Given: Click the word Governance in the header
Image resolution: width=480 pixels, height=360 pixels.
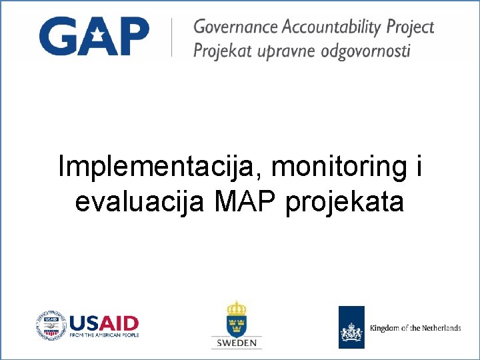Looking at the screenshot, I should click(x=236, y=27).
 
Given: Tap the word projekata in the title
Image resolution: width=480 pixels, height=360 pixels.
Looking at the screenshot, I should click(x=345, y=201).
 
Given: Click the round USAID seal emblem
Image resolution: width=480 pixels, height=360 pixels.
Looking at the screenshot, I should click(x=51, y=326).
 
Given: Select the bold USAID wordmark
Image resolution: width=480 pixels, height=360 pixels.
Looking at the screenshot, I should click(x=104, y=323).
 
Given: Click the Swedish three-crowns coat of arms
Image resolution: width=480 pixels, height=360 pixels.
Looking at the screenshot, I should click(x=236, y=319).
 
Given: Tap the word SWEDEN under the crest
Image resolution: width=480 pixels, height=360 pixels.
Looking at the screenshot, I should click(x=237, y=343).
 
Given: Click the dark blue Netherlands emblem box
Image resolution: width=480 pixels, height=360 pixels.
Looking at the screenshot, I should click(x=351, y=327).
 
